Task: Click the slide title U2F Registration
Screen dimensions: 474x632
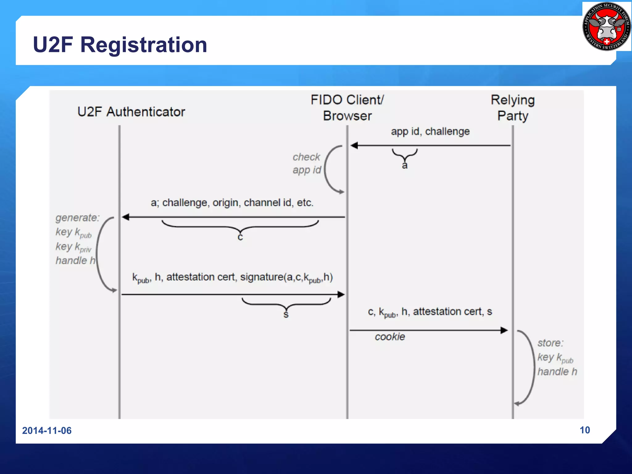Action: (x=120, y=45)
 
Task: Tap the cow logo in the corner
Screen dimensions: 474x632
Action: (x=607, y=27)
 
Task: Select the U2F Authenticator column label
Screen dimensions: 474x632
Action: (x=131, y=112)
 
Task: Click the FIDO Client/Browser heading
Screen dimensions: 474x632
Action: (x=347, y=108)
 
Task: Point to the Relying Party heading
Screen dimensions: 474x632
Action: (x=513, y=108)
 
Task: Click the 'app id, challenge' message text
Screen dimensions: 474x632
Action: (x=430, y=131)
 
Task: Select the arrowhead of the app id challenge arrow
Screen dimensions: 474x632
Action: (x=354, y=145)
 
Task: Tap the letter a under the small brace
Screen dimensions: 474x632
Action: (x=405, y=166)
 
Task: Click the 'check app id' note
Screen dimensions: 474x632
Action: (x=307, y=164)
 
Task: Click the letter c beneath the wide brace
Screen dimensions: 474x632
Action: (x=240, y=237)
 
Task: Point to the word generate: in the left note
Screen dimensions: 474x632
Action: (x=77, y=218)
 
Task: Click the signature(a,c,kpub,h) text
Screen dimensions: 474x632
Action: (x=286, y=277)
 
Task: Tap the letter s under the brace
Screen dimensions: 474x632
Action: (x=286, y=314)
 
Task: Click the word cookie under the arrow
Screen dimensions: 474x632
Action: (x=390, y=337)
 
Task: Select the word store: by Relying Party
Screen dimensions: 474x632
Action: (x=551, y=343)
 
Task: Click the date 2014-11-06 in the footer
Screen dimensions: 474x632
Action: (x=47, y=430)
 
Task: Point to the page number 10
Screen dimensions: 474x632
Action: (x=585, y=430)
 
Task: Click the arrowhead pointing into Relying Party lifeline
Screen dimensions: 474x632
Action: (x=504, y=331)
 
